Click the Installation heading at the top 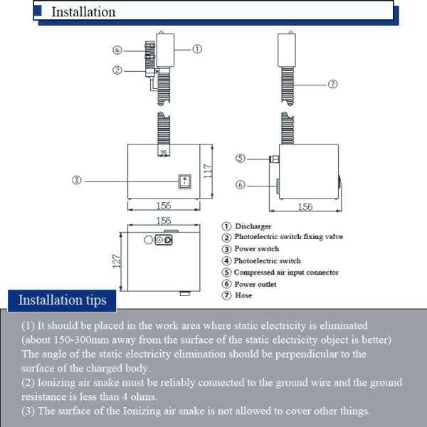83,12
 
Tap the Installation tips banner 62,300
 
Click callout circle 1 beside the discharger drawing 197,49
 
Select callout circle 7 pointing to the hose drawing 332,84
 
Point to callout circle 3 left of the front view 77,180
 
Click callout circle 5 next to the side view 241,158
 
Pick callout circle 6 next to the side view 241,184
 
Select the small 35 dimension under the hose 163,152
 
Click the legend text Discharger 253,226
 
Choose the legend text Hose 243,295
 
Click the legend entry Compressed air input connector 286,273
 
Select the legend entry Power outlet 255,284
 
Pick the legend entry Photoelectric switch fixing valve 288,238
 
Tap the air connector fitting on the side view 273,158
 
